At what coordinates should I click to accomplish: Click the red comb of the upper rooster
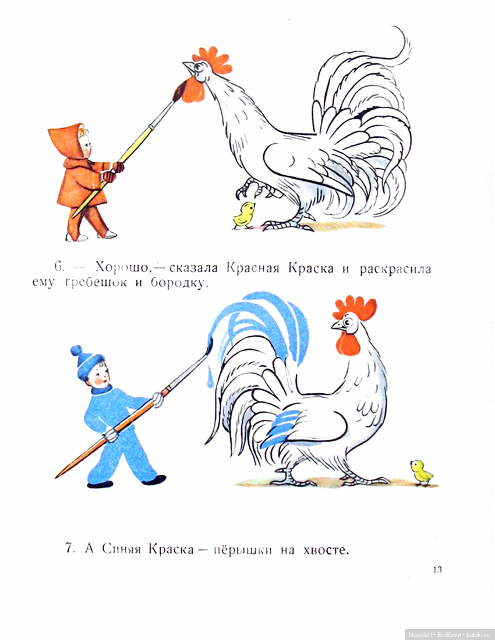point(213,60)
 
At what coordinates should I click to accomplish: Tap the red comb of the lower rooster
point(355,307)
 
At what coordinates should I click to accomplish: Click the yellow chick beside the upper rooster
point(244,215)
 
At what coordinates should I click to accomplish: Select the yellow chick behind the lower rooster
point(422,472)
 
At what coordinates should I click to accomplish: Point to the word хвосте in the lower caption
point(326,550)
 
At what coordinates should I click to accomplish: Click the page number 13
point(437,570)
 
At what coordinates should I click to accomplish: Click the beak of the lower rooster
point(337,325)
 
